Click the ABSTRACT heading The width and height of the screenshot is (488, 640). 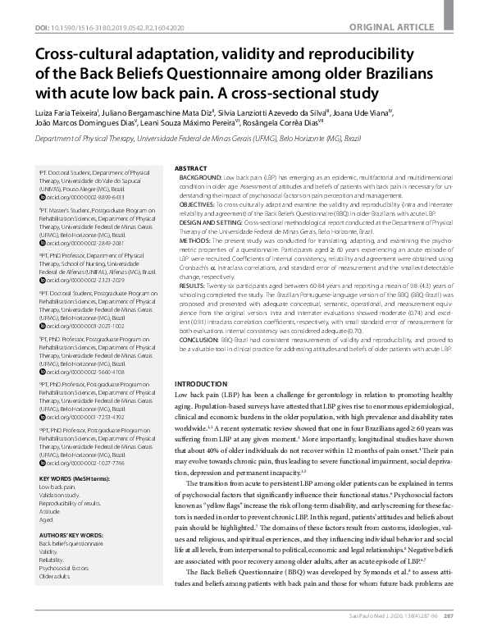click(190, 144)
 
